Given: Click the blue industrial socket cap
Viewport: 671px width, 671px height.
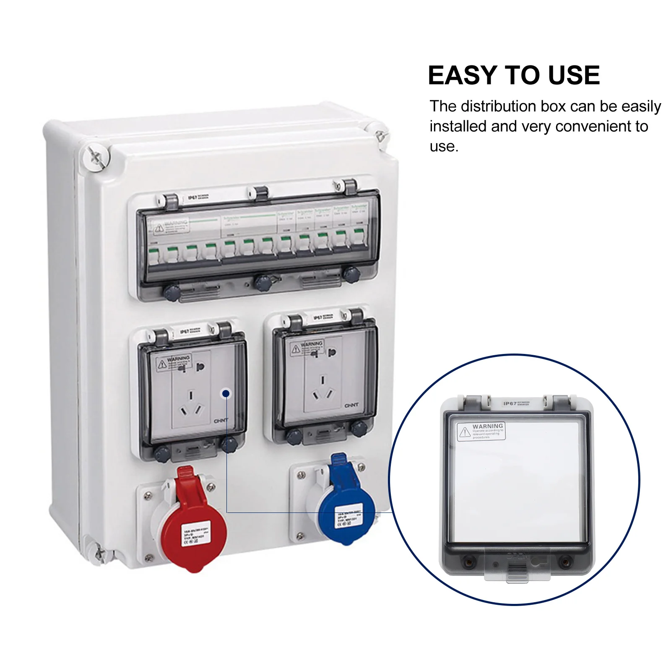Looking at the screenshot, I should pos(346,516).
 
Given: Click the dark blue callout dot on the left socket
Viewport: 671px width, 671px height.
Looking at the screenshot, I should pos(226,393).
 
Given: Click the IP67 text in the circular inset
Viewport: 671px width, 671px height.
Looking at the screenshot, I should pos(510,403).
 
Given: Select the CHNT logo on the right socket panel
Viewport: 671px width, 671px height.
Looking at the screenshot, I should pos(351,405).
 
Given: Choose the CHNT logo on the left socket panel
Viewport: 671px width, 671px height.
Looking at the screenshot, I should pos(221,420).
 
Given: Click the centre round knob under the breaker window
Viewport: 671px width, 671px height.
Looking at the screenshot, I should pos(263,283).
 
